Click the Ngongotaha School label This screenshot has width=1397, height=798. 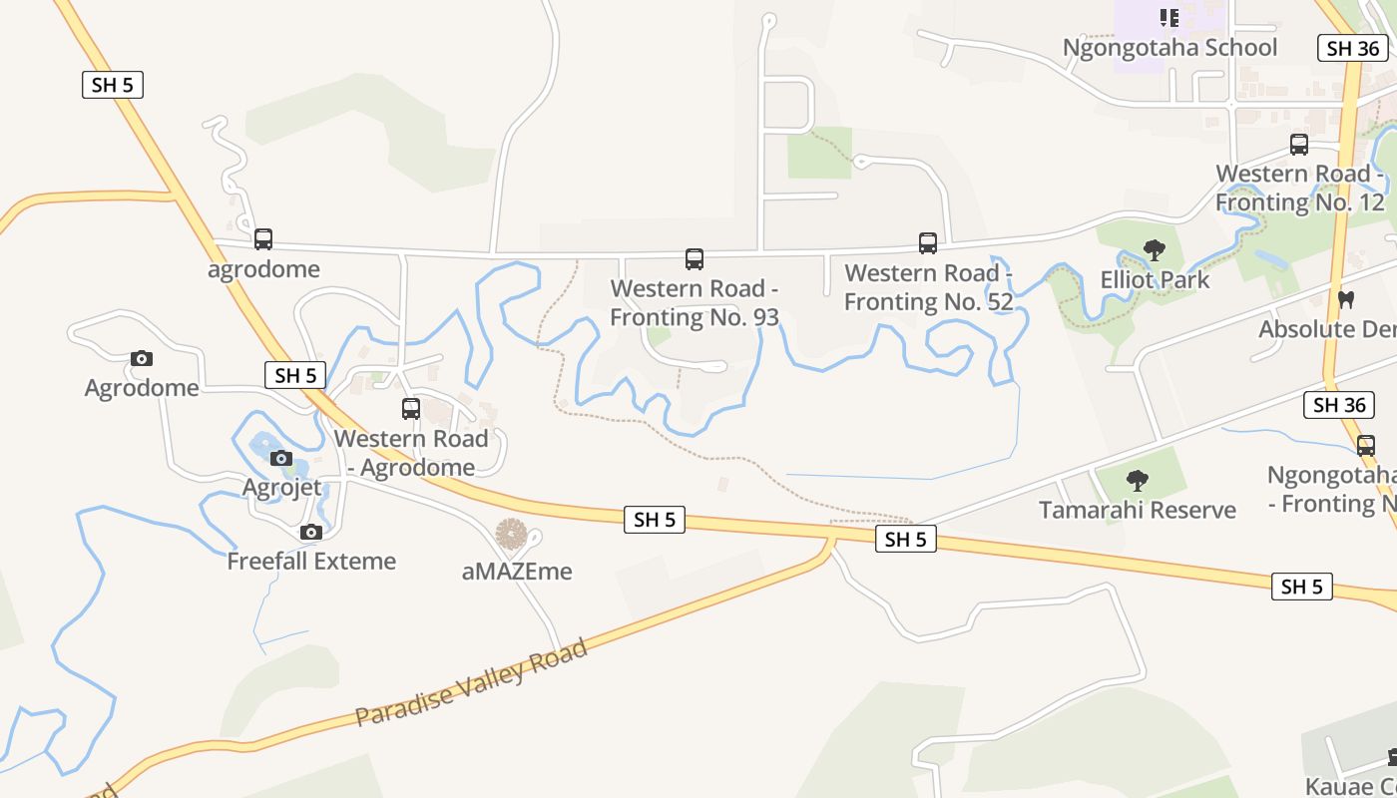click(1169, 48)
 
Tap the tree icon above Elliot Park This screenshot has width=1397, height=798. click(1155, 249)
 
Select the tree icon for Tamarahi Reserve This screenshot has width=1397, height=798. click(1137, 481)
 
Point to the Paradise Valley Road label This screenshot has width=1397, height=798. click(471, 684)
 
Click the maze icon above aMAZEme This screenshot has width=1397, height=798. click(512, 535)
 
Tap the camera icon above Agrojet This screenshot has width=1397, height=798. click(281, 459)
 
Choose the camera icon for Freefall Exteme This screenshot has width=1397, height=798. click(311, 532)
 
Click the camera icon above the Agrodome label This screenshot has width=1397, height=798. click(142, 358)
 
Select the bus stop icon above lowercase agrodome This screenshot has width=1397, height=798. click(263, 239)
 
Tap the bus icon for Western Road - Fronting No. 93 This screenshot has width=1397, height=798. click(695, 259)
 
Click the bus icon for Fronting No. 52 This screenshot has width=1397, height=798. click(928, 243)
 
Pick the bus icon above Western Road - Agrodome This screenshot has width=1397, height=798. click(411, 408)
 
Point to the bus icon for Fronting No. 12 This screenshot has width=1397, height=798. click(1299, 145)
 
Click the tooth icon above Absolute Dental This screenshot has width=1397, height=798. click(1345, 299)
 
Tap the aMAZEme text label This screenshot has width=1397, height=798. click(517, 572)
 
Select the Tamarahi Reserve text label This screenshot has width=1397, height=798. click(1138, 510)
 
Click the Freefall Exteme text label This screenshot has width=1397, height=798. click(311, 561)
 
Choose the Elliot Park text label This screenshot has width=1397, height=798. click(1155, 279)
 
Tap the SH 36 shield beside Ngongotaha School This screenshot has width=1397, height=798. click(1353, 48)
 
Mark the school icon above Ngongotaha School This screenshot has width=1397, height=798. click(1169, 18)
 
